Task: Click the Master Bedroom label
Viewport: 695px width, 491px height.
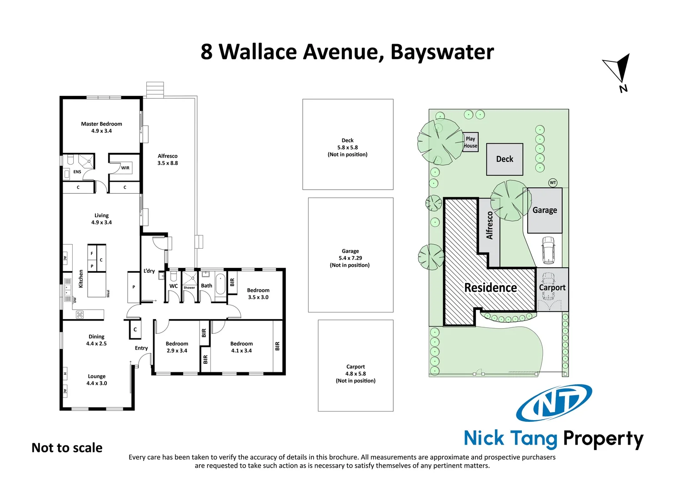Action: click(101, 127)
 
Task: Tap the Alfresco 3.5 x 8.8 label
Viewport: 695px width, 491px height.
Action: click(168, 160)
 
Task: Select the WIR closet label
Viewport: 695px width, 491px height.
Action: click(125, 168)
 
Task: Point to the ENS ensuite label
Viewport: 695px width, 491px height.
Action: click(77, 172)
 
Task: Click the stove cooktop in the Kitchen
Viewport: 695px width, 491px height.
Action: click(80, 314)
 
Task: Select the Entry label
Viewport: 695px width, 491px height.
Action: click(141, 348)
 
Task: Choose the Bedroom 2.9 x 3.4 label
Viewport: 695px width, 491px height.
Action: click(177, 347)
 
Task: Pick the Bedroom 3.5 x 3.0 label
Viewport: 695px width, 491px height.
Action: click(258, 294)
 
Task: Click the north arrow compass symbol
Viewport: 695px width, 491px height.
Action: click(619, 70)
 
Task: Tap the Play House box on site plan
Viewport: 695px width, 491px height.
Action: click(470, 142)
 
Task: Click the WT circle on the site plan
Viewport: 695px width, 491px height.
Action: click(553, 183)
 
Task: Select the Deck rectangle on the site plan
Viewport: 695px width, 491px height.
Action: click(505, 159)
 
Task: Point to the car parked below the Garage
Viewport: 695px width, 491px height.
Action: click(548, 250)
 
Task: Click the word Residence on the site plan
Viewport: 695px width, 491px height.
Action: click(490, 288)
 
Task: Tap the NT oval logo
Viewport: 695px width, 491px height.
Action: click(554, 403)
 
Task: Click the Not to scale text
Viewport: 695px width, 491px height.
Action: click(67, 448)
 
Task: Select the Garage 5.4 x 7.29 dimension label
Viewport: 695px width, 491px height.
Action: click(350, 258)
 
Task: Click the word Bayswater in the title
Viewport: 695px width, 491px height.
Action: click(442, 52)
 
